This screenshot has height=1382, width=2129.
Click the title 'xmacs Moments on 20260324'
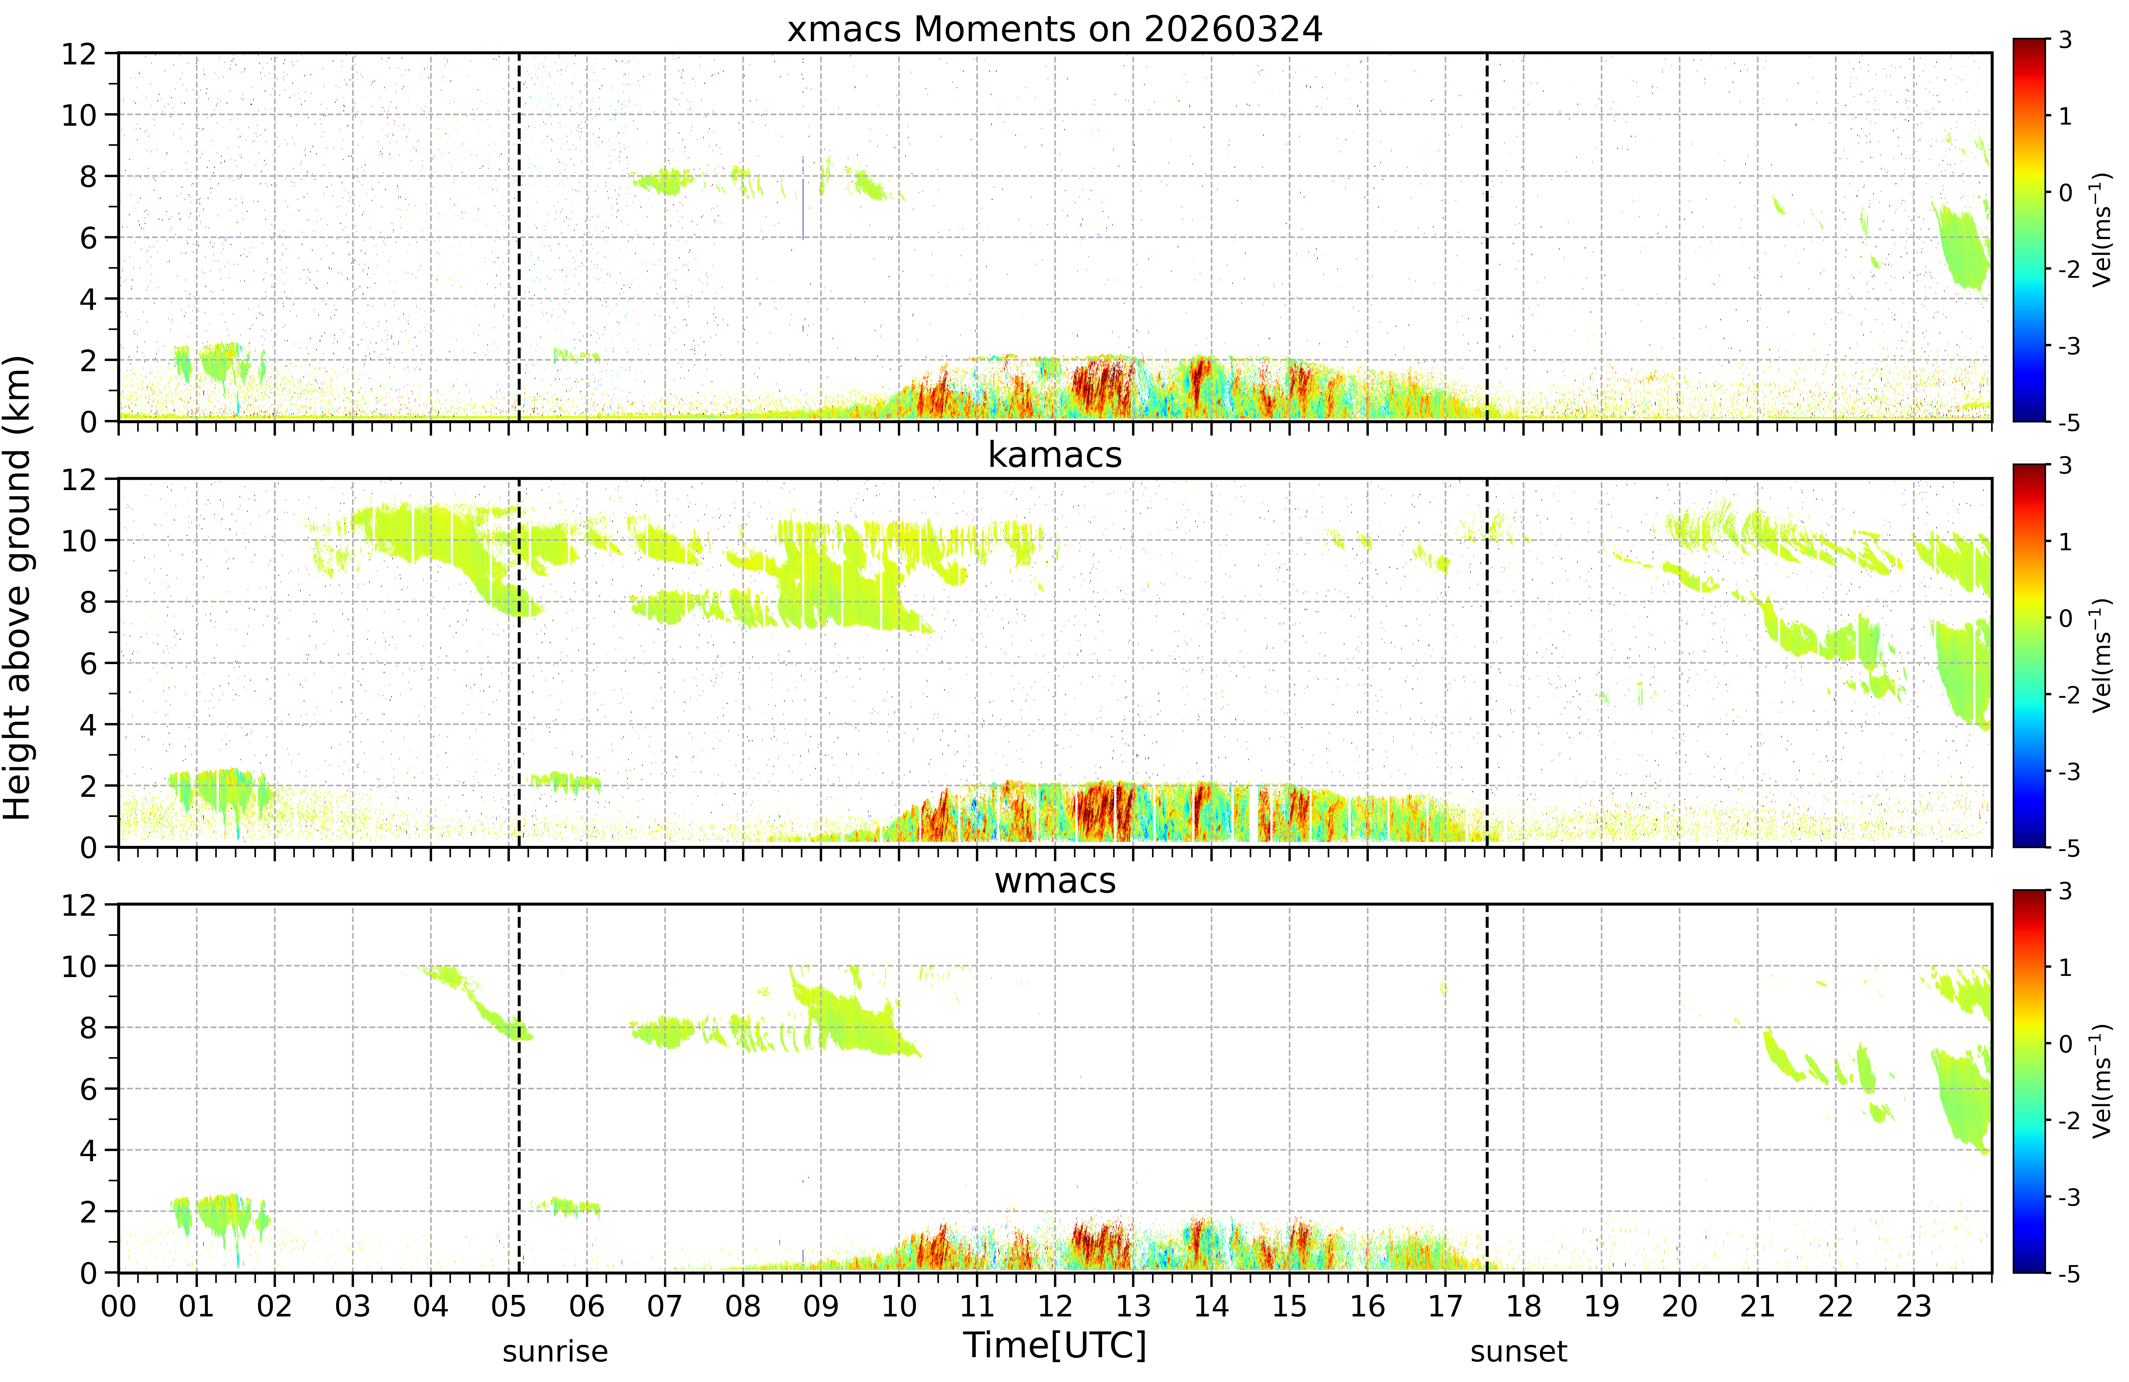coord(1055,30)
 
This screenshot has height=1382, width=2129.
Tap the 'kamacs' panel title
coord(1055,455)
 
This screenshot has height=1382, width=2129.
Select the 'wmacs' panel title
coord(1055,881)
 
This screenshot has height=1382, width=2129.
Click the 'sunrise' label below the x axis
coord(555,1352)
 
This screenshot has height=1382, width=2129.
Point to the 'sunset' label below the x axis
coord(1518,1352)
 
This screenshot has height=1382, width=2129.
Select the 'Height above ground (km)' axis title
coord(18,588)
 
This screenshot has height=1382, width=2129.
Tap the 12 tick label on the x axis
coord(1055,1307)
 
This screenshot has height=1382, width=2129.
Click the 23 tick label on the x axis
coord(1914,1307)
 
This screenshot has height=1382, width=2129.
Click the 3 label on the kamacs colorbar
coord(2065,466)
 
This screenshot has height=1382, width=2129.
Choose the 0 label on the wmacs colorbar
coord(2065,1044)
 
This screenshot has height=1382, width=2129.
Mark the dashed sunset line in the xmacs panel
coord(1487,237)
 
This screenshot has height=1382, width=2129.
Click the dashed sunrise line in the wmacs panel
coord(519,1089)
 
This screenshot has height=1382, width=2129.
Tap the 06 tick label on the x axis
coord(587,1307)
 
